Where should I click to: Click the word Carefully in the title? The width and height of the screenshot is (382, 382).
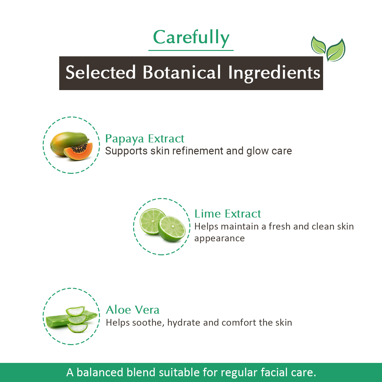pyautogui.click(x=191, y=38)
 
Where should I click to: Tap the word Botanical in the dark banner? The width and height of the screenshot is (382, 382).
pyautogui.click(x=181, y=72)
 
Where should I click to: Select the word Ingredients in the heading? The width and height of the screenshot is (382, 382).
pyautogui.click(x=274, y=73)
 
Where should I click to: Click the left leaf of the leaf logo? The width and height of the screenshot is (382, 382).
pyautogui.click(x=318, y=46)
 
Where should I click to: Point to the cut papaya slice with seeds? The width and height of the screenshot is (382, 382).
pyautogui.click(x=78, y=152)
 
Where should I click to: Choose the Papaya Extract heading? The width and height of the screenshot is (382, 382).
pyautogui.click(x=145, y=139)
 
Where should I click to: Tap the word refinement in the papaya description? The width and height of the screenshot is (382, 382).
pyautogui.click(x=198, y=151)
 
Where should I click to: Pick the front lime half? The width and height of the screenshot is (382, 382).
pyautogui.click(x=172, y=229)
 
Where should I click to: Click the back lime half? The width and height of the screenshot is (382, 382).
pyautogui.click(x=151, y=221)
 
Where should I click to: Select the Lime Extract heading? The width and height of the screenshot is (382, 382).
pyautogui.click(x=228, y=214)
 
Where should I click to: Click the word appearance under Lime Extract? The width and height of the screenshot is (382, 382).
pyautogui.click(x=219, y=238)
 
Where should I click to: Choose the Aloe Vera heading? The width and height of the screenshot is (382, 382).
pyautogui.click(x=133, y=310)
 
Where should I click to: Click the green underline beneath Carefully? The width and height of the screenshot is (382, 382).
pyautogui.click(x=191, y=50)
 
